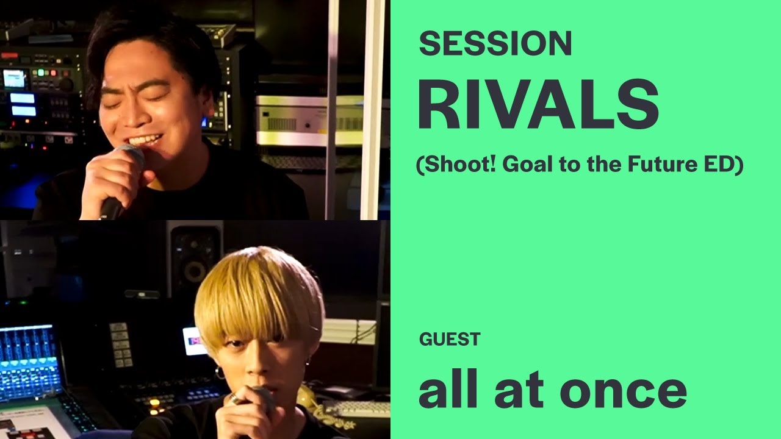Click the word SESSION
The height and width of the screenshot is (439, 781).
pos(495,44)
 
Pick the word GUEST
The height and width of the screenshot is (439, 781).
pos(450,339)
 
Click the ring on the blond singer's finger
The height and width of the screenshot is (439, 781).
pos(234,399)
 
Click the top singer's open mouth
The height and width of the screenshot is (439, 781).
pos(146,140)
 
